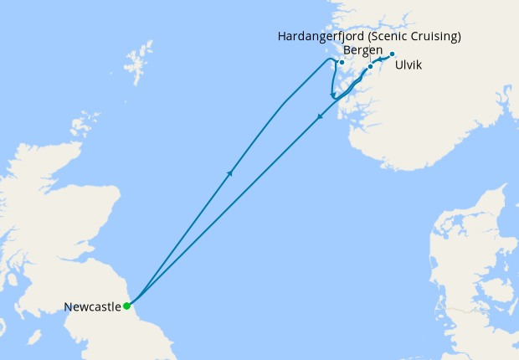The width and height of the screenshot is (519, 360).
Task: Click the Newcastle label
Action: pyautogui.click(x=92, y=307)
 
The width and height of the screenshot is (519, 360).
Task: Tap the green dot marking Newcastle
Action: pyautogui.click(x=126, y=306)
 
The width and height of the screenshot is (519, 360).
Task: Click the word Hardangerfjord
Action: pyautogui.click(x=321, y=37)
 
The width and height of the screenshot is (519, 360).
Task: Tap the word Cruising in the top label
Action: pyautogui.click(x=435, y=37)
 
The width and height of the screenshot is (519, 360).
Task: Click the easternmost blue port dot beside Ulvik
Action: pyautogui.click(x=392, y=54)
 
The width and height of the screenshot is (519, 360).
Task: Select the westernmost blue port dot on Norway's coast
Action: pyautogui.click(x=342, y=62)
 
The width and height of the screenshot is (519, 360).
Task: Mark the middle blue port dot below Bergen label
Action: pyautogui.click(x=370, y=67)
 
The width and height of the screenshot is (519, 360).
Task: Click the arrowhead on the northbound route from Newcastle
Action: pyautogui.click(x=229, y=172)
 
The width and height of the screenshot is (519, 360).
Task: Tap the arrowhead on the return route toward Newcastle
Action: pyautogui.click(x=319, y=117)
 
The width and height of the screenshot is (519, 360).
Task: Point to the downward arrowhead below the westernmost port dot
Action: pyautogui.click(x=334, y=95)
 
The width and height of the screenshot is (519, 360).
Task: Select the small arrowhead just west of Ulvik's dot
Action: pyautogui.click(x=379, y=59)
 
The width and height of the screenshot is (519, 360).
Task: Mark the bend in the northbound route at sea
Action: pyautogui.click(x=285, y=104)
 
